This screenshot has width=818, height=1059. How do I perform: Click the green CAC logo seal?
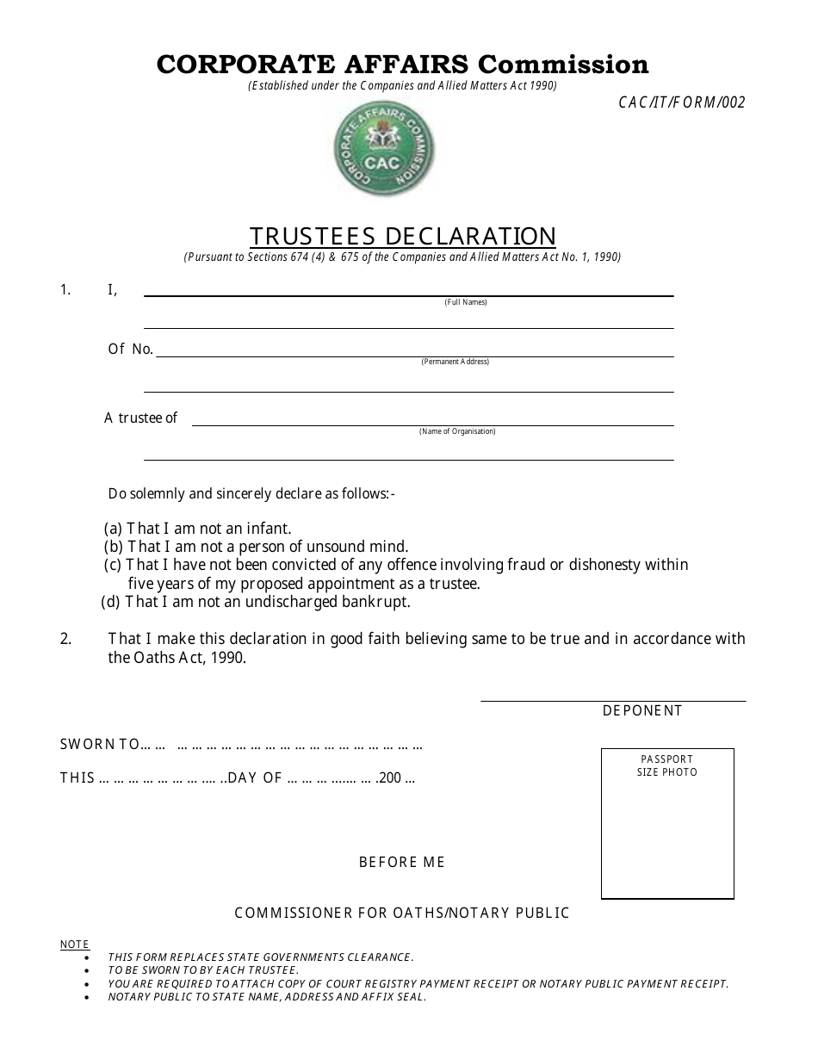384,155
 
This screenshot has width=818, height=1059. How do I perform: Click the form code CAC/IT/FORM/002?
681,102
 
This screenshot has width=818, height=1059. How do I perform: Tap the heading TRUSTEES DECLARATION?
402,236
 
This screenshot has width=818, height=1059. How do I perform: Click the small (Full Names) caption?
466,302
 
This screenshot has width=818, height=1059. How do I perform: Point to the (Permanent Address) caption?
455,362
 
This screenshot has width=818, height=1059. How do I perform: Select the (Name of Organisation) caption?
457,431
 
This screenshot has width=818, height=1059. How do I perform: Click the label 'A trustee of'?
140,418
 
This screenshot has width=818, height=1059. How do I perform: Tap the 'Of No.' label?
130,349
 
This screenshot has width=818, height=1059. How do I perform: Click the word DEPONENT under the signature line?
642,710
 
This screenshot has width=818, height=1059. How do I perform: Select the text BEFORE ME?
402,862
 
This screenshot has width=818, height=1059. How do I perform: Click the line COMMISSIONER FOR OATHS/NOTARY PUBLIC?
402,913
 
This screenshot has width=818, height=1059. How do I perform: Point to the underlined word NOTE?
74,944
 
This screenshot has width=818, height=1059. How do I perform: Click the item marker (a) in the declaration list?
113,529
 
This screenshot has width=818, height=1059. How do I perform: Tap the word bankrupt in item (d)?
376,602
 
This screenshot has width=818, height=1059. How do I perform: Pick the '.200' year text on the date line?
390,778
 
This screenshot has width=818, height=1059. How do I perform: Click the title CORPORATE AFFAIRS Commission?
402,65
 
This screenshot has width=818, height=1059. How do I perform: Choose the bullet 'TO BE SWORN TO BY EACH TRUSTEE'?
203,970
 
